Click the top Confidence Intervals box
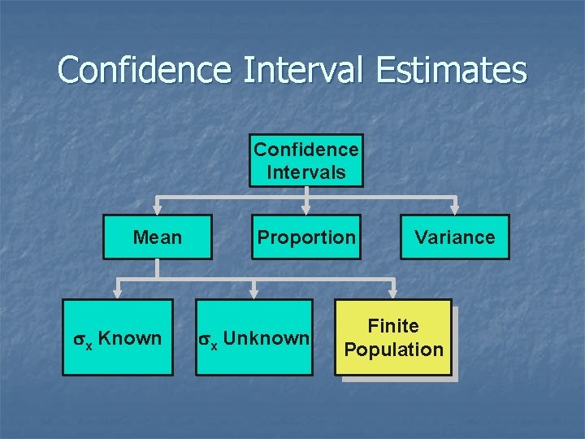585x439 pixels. click(x=305, y=161)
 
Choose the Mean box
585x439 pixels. click(x=157, y=237)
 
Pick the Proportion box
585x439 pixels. click(x=305, y=237)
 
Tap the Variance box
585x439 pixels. click(x=454, y=237)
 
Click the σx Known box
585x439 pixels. click(x=117, y=337)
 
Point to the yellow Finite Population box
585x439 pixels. click(x=394, y=337)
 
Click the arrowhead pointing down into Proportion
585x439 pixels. click(x=305, y=209)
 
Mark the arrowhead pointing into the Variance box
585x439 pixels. click(x=454, y=209)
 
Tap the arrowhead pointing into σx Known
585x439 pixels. click(x=117, y=293)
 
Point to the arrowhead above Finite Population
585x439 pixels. click(x=394, y=293)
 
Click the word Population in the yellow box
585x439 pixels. click(x=394, y=350)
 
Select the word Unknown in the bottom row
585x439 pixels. click(x=266, y=337)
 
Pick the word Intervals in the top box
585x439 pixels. click(x=305, y=172)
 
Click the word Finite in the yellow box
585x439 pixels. click(x=394, y=326)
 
